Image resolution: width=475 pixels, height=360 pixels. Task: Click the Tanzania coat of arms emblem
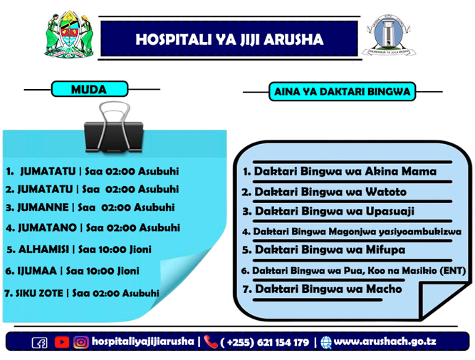click(x=69, y=34)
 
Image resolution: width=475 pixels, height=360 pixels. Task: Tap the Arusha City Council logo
click(x=389, y=36)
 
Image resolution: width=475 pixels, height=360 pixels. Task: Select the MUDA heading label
click(x=89, y=89)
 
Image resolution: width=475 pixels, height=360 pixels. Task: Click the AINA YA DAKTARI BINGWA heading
click(x=342, y=91)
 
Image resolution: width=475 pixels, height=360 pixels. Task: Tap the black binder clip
click(x=114, y=128)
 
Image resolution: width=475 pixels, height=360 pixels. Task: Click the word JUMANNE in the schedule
click(x=43, y=207)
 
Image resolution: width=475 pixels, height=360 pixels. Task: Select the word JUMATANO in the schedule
click(x=47, y=227)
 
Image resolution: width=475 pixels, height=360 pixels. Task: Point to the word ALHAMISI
click(x=43, y=250)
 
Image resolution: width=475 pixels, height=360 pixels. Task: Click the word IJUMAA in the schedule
click(x=37, y=270)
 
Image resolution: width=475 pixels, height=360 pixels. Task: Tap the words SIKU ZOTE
click(x=39, y=293)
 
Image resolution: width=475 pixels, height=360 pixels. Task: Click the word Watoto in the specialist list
click(x=386, y=192)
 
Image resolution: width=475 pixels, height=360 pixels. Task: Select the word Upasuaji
click(x=390, y=212)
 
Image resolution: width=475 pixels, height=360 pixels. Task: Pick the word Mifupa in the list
click(x=386, y=250)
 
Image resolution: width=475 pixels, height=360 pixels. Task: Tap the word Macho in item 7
click(x=384, y=289)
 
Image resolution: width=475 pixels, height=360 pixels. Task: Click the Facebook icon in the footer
click(x=40, y=342)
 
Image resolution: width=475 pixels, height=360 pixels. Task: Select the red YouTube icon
click(x=62, y=342)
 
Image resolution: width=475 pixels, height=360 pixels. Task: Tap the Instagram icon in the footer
click(x=81, y=342)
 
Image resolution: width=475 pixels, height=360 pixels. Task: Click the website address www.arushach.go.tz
click(x=385, y=341)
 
